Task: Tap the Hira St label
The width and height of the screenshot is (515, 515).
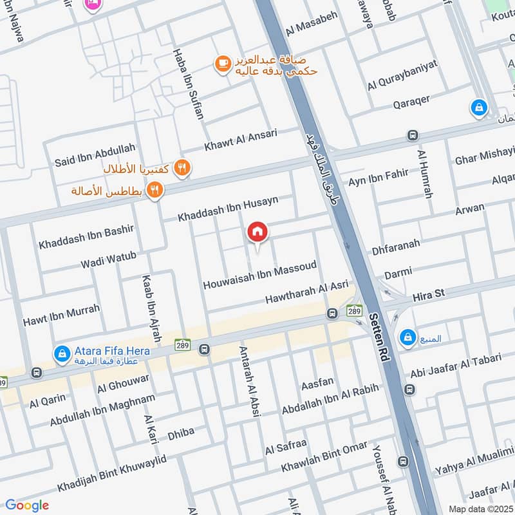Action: pyautogui.click(x=429, y=294)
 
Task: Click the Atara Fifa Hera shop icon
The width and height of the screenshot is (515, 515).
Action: pyautogui.click(x=62, y=352)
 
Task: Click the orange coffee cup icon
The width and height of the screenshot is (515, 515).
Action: pyautogui.click(x=223, y=63)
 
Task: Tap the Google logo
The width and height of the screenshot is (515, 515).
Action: pyautogui.click(x=27, y=505)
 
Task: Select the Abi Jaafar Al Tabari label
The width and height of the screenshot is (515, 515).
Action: pyautogui.click(x=454, y=366)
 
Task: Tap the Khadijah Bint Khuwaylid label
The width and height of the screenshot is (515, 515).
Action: pyautogui.click(x=111, y=473)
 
